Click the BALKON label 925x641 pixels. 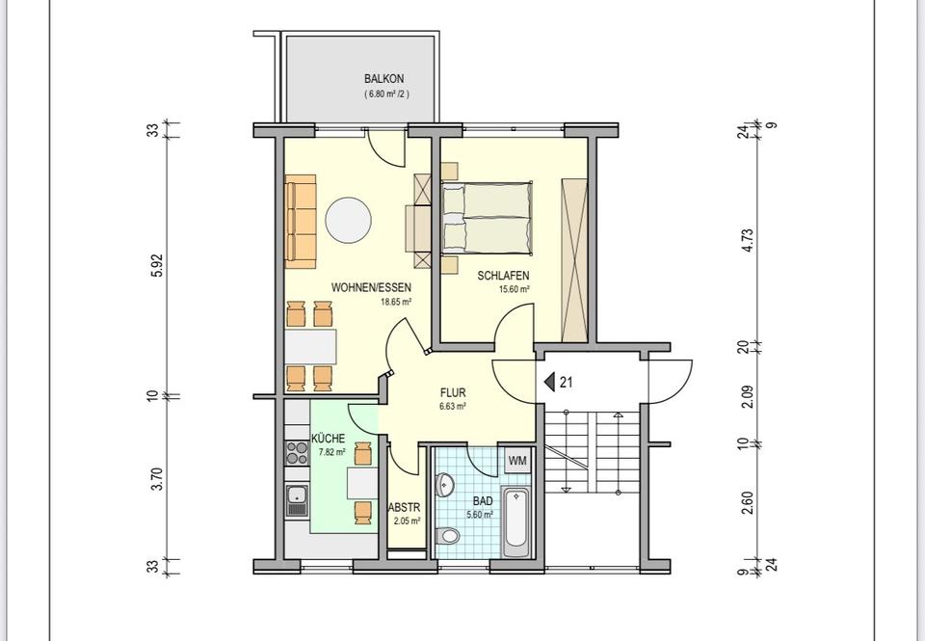(x=384, y=79)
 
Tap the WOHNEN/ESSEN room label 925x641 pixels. (x=371, y=287)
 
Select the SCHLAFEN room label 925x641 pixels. (x=503, y=276)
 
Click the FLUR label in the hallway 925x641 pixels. (x=453, y=393)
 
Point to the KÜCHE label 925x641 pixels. (x=328, y=439)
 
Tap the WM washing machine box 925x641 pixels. (x=516, y=461)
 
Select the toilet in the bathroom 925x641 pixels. (x=449, y=535)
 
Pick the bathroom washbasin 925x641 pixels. (x=445, y=484)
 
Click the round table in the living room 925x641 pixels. (x=348, y=221)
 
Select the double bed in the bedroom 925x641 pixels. (x=487, y=217)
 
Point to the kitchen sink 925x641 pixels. (x=297, y=499)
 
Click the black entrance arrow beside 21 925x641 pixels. (x=550, y=382)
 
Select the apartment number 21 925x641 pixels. (x=567, y=382)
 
